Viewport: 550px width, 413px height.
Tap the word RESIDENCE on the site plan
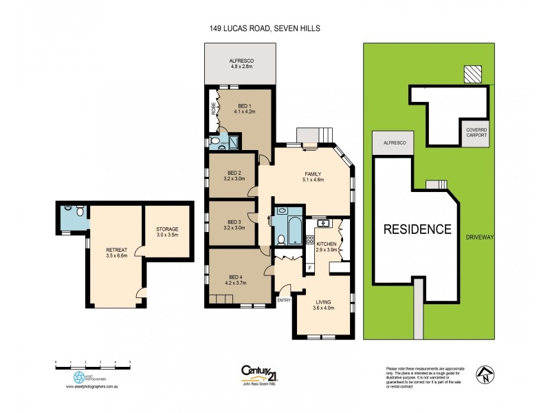pos(417,229)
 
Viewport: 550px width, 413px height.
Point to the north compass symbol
pos(487,374)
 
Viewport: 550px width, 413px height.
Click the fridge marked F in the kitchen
pos(310,267)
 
